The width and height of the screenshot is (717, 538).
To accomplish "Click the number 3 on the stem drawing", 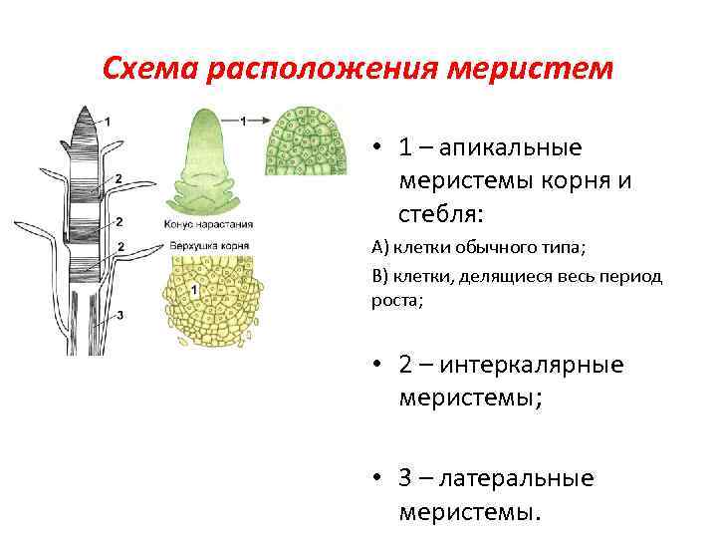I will [x=119, y=316].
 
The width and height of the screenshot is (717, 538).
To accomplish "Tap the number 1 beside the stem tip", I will [x=109, y=122].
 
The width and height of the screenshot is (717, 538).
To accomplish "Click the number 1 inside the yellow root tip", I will [x=195, y=289].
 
